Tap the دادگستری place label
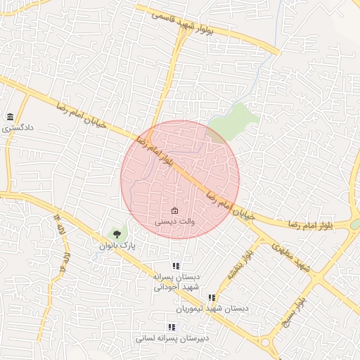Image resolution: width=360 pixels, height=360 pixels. point(17,129)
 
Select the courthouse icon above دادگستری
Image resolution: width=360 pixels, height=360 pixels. point(10,117)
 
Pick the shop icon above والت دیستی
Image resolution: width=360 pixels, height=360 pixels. point(174,211)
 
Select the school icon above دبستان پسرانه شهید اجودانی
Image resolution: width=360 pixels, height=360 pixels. point(176,266)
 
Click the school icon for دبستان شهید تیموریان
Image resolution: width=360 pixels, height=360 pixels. point(212,297)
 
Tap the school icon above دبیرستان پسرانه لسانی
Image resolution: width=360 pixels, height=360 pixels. point(171,327)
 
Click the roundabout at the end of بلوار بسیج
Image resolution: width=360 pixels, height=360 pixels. point(266,342)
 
